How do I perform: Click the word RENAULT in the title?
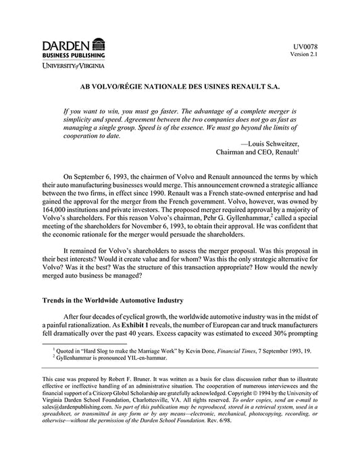coord(261,87)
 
